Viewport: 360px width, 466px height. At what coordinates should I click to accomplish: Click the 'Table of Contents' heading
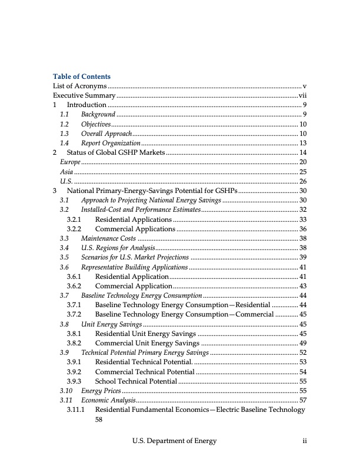82,76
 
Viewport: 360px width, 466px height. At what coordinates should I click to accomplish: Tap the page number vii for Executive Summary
302,95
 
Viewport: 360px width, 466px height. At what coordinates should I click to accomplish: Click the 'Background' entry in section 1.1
98,114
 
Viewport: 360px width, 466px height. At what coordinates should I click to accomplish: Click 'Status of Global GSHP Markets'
116,152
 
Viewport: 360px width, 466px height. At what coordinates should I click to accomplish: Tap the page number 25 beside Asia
303,171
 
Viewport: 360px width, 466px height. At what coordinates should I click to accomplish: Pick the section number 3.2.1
74,219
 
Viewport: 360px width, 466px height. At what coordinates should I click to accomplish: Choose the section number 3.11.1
75,410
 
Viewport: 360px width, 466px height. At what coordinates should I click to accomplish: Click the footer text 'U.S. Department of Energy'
174,441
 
